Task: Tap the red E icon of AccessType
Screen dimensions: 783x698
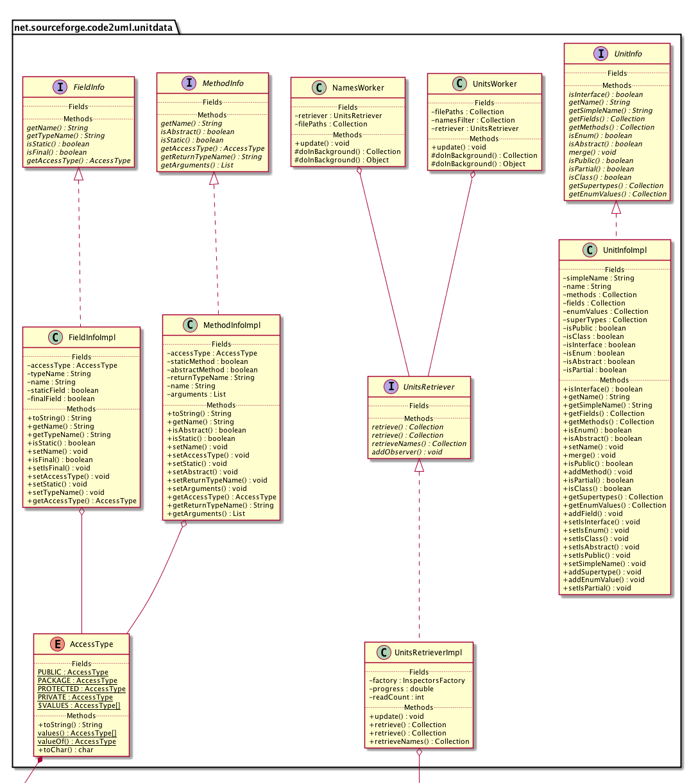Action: point(55,644)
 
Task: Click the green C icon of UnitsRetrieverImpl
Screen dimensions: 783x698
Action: point(383,652)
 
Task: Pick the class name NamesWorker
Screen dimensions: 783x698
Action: point(358,88)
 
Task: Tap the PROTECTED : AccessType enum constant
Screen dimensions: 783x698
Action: point(81,689)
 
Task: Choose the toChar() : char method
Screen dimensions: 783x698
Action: point(65,750)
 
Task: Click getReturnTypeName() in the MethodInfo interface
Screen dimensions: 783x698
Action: point(211,157)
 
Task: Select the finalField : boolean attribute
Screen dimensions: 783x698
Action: point(61,399)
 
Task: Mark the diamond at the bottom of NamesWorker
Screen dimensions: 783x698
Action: point(360,171)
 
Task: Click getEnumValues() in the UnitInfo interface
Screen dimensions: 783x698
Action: point(617,194)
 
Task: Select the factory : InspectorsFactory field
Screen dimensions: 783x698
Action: point(417,680)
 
